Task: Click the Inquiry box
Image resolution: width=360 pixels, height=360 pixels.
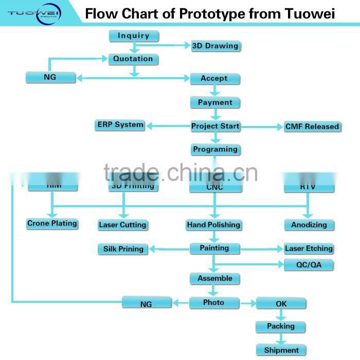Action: pyautogui.click(x=134, y=36)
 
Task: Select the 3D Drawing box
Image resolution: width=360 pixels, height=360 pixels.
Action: pyautogui.click(x=215, y=46)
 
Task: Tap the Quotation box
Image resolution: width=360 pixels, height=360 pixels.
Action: pyautogui.click(x=133, y=59)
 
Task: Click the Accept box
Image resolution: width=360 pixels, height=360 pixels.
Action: pyautogui.click(x=214, y=79)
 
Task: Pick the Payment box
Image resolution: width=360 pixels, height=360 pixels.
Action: pyautogui.click(x=215, y=102)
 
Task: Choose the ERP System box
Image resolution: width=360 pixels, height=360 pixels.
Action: pyautogui.click(x=120, y=125)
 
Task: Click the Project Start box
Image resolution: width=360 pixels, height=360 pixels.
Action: pyautogui.click(x=215, y=126)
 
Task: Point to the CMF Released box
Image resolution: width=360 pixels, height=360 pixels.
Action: pyautogui.click(x=312, y=127)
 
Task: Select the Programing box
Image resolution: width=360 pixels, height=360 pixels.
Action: pyautogui.click(x=215, y=150)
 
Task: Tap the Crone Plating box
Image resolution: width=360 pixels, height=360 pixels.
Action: pyautogui.click(x=52, y=224)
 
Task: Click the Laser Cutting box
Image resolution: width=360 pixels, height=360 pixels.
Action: pyautogui.click(x=122, y=225)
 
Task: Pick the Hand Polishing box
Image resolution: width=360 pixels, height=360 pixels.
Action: pyautogui.click(x=213, y=225)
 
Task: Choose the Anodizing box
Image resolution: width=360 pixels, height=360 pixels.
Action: pyautogui.click(x=309, y=225)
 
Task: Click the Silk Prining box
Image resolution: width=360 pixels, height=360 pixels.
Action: pyautogui.click(x=123, y=249)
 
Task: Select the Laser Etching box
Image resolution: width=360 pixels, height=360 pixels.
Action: pyautogui.click(x=309, y=248)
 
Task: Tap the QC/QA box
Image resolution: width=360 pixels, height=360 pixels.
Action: pyautogui.click(x=309, y=265)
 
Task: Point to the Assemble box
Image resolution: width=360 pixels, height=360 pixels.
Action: pyautogui.click(x=215, y=279)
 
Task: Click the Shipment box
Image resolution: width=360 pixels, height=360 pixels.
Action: pyautogui.click(x=281, y=350)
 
